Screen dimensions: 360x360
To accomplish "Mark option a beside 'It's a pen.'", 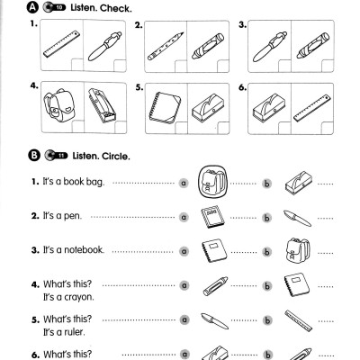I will click(x=183, y=216).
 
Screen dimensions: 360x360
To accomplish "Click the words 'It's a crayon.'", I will click(x=68, y=295).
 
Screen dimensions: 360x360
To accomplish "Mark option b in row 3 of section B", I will click(x=266, y=249).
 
